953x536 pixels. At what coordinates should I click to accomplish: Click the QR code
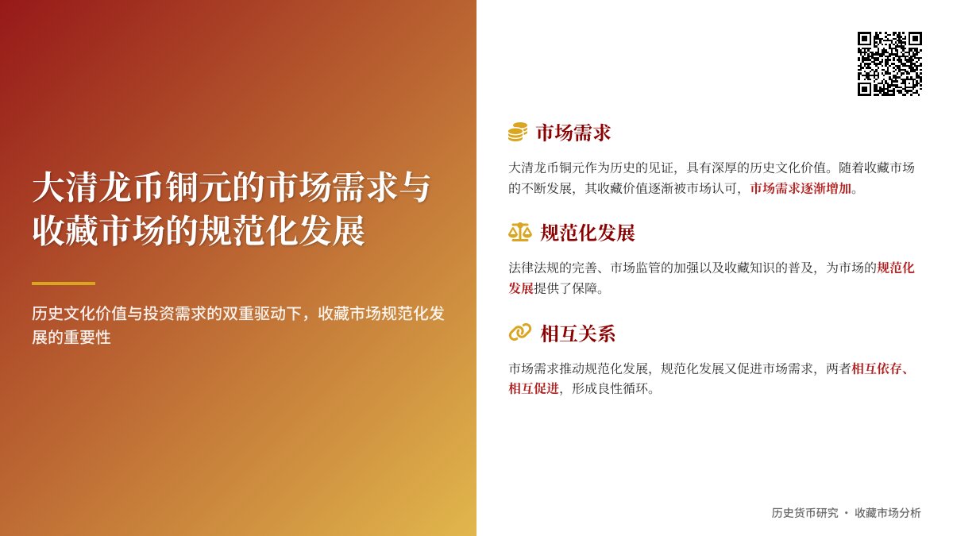889,64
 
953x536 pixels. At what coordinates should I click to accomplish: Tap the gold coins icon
518,133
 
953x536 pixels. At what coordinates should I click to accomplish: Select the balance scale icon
519,233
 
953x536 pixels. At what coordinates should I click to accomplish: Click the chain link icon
519,333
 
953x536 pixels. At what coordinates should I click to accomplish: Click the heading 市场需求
573,133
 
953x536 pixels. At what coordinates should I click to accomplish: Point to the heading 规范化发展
588,233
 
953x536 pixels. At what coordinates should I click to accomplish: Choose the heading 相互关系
578,333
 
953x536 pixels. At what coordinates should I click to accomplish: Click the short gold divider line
64,283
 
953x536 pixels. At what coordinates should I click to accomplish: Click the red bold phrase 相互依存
877,368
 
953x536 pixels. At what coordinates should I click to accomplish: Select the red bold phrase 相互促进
534,388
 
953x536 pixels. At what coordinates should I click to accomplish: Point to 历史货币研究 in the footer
804,513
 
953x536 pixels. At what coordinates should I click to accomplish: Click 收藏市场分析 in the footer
888,513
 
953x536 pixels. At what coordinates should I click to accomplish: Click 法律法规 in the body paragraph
534,268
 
